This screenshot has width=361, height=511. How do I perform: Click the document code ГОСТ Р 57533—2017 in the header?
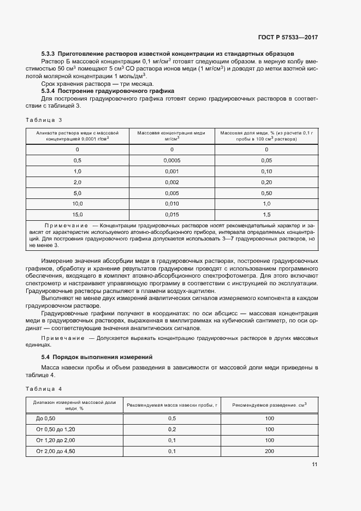(x=288, y=38)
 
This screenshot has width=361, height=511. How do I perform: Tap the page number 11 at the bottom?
(x=315, y=465)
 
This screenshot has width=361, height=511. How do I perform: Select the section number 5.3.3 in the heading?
(x=49, y=54)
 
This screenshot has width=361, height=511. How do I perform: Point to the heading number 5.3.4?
(x=49, y=91)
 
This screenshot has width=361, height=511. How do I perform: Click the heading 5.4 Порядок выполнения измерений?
(x=97, y=357)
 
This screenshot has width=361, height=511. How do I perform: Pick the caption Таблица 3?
(x=44, y=120)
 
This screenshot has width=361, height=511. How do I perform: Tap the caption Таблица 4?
(x=44, y=389)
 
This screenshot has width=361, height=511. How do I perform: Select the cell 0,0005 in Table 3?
(x=171, y=160)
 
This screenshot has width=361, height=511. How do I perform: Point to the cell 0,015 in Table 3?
(x=171, y=214)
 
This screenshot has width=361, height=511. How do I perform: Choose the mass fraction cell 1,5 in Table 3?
(x=267, y=214)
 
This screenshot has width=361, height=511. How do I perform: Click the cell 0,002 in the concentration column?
(x=171, y=182)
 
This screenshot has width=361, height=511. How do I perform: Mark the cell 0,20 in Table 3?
(x=267, y=182)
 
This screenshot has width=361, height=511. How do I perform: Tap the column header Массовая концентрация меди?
(x=171, y=133)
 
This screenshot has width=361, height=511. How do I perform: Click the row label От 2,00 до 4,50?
(x=56, y=451)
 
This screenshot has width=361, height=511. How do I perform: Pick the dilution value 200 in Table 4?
(x=269, y=451)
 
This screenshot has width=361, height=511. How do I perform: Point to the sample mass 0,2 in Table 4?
(x=172, y=429)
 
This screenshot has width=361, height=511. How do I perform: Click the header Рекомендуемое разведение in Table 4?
(x=269, y=405)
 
